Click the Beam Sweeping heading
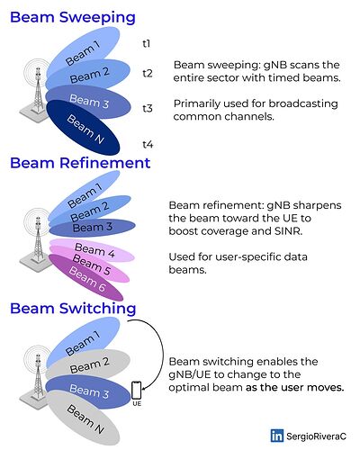click(73, 17)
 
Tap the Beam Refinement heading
click(80, 163)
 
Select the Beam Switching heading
click(73, 309)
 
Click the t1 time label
click(146, 44)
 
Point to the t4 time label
click(148, 145)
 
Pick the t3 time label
click(148, 108)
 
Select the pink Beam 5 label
click(92, 265)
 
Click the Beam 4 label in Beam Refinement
click(94, 250)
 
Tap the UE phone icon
click(137, 391)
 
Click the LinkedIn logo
click(276, 436)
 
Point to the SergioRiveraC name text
click(316, 436)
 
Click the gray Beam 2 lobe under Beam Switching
click(88, 364)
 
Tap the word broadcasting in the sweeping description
click(303, 103)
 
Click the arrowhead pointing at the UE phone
click(144, 389)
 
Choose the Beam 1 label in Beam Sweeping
click(83, 53)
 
